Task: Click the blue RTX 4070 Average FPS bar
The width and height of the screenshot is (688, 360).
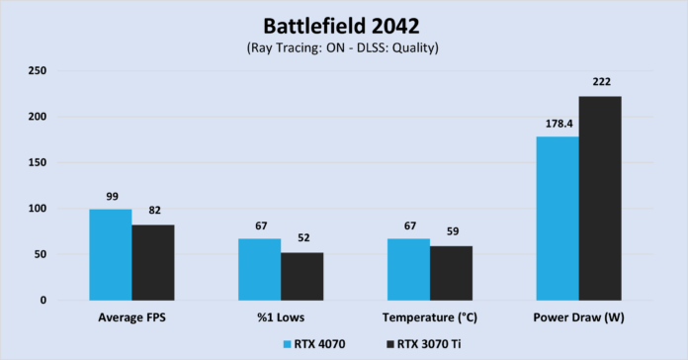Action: tap(111, 254)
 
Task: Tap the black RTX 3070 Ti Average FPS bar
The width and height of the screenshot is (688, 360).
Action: tap(153, 262)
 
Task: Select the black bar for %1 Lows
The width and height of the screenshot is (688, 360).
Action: tap(301, 276)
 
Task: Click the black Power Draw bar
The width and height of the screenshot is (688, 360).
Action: tap(600, 198)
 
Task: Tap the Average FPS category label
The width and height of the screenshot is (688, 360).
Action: tap(131, 318)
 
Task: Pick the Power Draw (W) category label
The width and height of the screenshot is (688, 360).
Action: tap(578, 318)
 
